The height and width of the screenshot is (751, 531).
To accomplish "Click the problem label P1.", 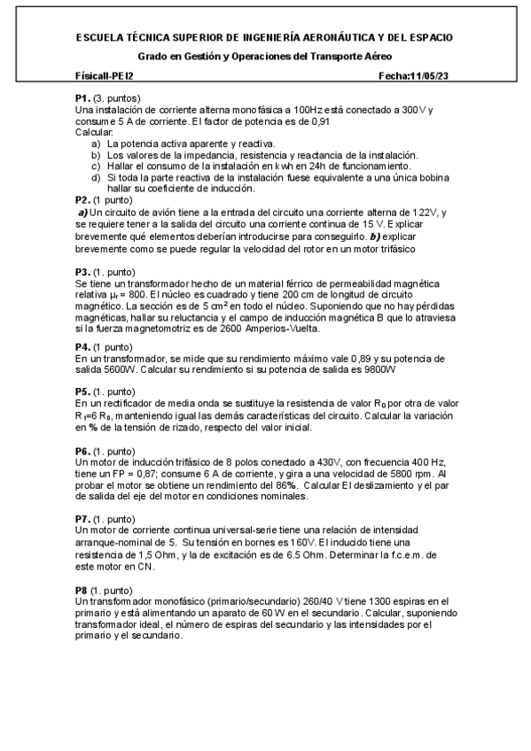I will pos(82,97).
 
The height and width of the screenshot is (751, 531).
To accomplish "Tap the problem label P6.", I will pos(82,451).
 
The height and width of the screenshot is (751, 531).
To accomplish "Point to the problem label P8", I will pos(82,589).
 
